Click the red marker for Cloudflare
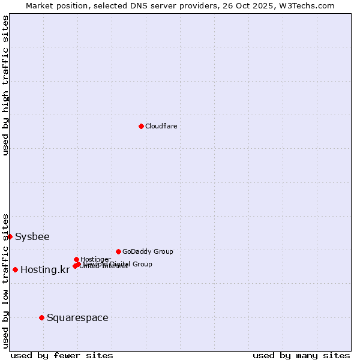[141, 126]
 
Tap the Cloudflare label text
[161, 126]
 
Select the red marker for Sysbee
[10, 236]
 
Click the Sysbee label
[32, 236]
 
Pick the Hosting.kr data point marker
[15, 269]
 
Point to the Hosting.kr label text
[45, 269]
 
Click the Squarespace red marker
[41, 317]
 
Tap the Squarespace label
[77, 317]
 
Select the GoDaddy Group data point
[118, 251]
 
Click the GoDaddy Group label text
[148, 251]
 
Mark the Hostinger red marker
[76, 259]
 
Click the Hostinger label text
[95, 259]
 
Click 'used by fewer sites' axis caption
[62, 355]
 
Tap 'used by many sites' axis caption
[301, 355]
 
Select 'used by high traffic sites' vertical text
[5, 85]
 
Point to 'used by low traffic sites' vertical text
[5, 281]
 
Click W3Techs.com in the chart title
[310, 5]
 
